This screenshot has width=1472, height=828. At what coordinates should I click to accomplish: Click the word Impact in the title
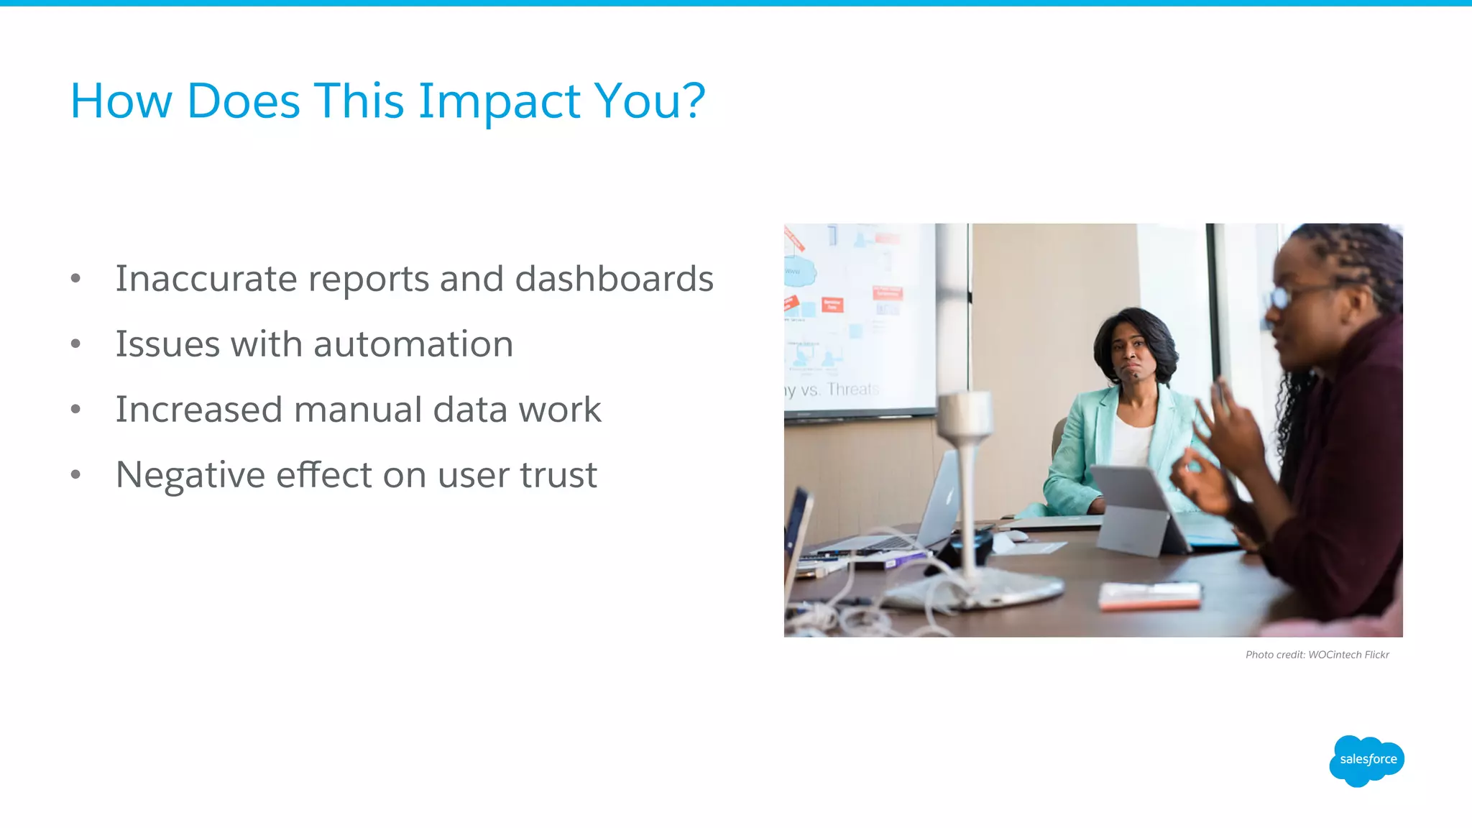499,101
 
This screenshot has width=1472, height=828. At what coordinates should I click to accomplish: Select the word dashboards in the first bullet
614,279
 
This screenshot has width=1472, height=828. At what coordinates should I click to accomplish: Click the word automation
413,344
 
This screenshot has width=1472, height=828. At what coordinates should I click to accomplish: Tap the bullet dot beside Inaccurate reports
76,279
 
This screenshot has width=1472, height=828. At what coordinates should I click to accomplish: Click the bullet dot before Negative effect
76,475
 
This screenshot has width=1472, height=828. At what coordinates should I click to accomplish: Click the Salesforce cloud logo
1367,760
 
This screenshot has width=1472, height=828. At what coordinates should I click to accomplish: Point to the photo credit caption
1317,655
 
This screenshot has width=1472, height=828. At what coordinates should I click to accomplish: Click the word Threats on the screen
852,390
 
